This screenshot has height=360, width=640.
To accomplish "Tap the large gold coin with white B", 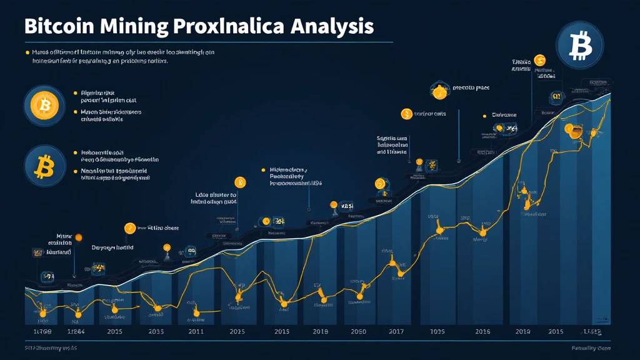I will point(44,106).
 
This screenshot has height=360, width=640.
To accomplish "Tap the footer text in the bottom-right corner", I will point(591,348).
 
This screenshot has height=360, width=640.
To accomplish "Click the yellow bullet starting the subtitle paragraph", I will point(26,52).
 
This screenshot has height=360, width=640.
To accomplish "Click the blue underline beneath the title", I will point(206,42).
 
